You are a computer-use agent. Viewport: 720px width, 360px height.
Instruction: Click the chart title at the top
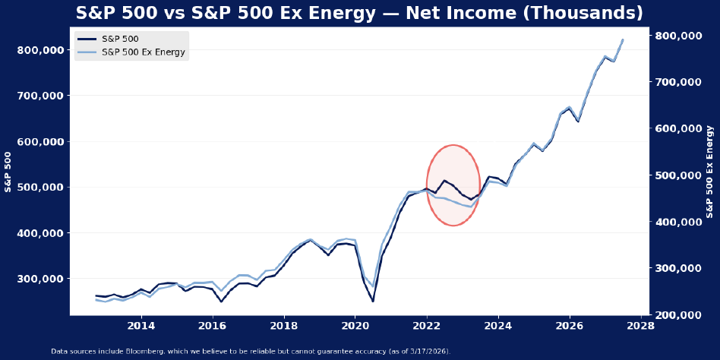pyautogui.click(x=359, y=13)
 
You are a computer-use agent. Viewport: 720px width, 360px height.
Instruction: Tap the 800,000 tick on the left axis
pyautogui.click(x=41, y=50)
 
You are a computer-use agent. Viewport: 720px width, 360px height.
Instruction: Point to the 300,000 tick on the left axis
pyautogui.click(x=41, y=279)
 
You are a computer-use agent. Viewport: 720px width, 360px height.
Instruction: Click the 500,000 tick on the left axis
pyautogui.click(x=41, y=188)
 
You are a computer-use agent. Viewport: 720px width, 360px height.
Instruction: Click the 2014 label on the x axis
pyautogui.click(x=141, y=327)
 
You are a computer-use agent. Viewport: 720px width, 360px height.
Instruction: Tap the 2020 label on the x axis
pyautogui.click(x=355, y=327)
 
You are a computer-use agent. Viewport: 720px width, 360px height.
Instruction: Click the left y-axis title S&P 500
pyautogui.click(x=9, y=172)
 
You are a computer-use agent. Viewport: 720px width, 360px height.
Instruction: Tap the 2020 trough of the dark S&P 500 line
pyautogui.click(x=373, y=301)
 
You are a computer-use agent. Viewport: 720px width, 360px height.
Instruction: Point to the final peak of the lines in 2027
pyautogui.click(x=623, y=40)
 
